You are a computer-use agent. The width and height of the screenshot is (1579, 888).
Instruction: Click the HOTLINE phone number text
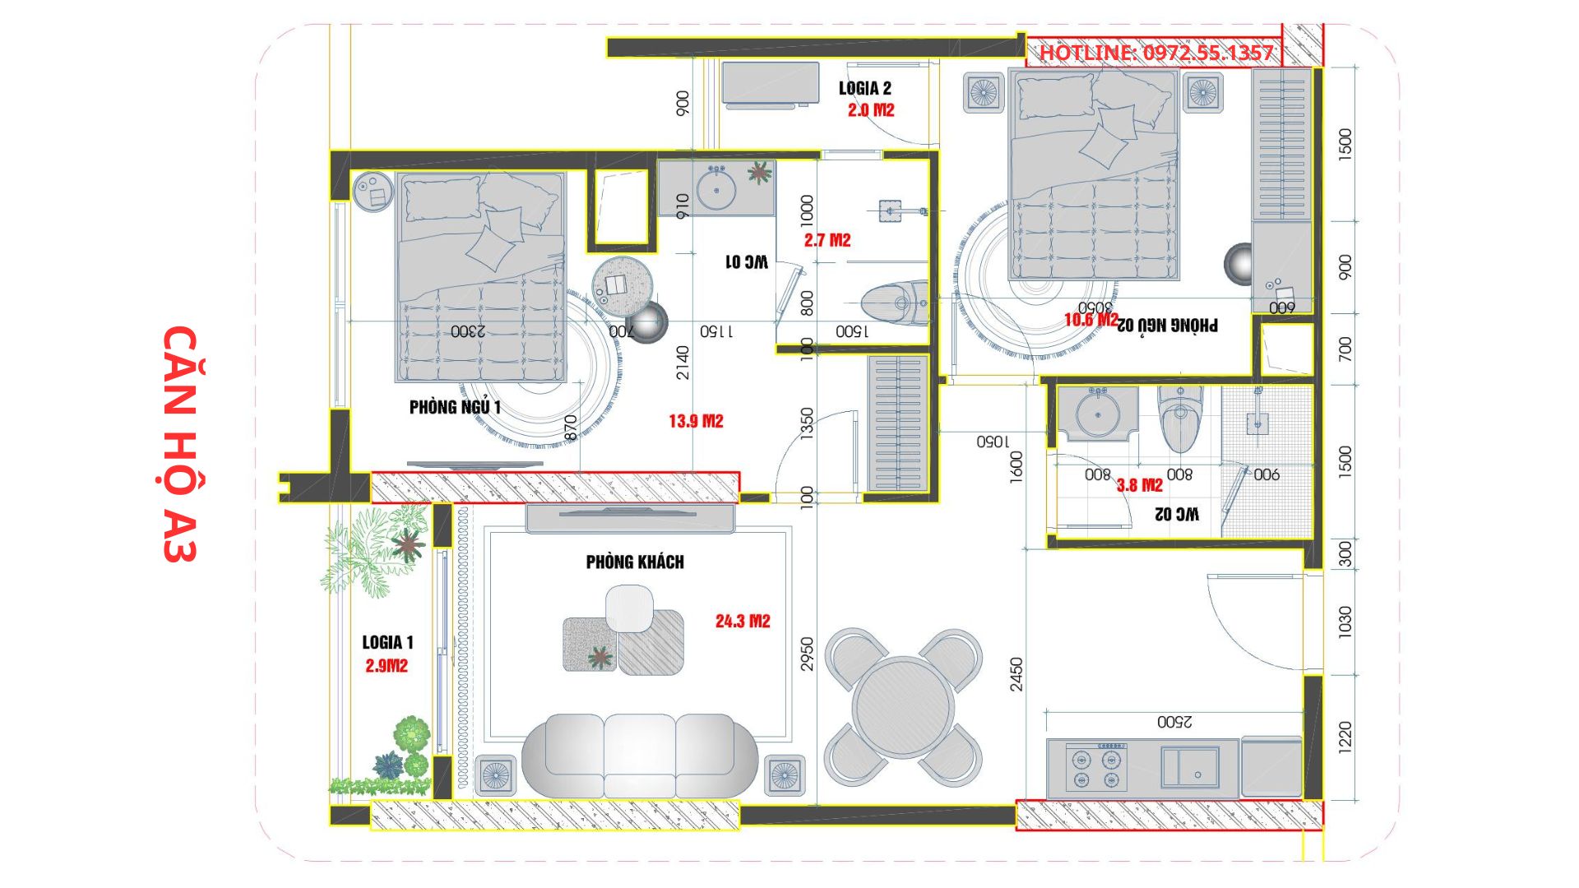[1156, 53]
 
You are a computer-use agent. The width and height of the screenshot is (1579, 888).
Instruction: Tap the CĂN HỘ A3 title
[180, 444]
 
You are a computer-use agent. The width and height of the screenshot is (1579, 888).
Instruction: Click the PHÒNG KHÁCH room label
[635, 562]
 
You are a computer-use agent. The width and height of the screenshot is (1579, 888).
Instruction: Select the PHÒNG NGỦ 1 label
[455, 407]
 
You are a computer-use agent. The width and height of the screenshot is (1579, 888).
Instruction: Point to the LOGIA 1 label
[387, 642]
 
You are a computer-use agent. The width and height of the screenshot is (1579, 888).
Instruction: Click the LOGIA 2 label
[865, 88]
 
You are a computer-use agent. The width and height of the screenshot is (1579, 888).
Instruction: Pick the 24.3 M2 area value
[743, 621]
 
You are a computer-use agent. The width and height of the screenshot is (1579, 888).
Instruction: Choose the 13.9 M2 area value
[696, 421]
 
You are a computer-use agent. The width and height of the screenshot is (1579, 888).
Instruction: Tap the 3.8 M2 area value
[1140, 485]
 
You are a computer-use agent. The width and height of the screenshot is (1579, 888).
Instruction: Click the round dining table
[903, 706]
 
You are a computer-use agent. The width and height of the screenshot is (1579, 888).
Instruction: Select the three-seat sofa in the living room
[640, 755]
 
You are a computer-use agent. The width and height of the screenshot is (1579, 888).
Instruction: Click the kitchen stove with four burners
[1096, 767]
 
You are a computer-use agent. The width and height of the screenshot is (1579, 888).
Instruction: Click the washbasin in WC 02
[1097, 414]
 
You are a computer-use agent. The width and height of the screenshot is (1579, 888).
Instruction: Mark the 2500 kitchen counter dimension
[1174, 722]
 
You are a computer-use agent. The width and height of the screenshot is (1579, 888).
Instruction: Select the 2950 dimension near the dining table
[807, 654]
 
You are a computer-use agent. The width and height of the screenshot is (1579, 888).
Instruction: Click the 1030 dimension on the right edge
[1345, 622]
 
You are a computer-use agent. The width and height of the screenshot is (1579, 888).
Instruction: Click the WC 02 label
[1177, 514]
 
